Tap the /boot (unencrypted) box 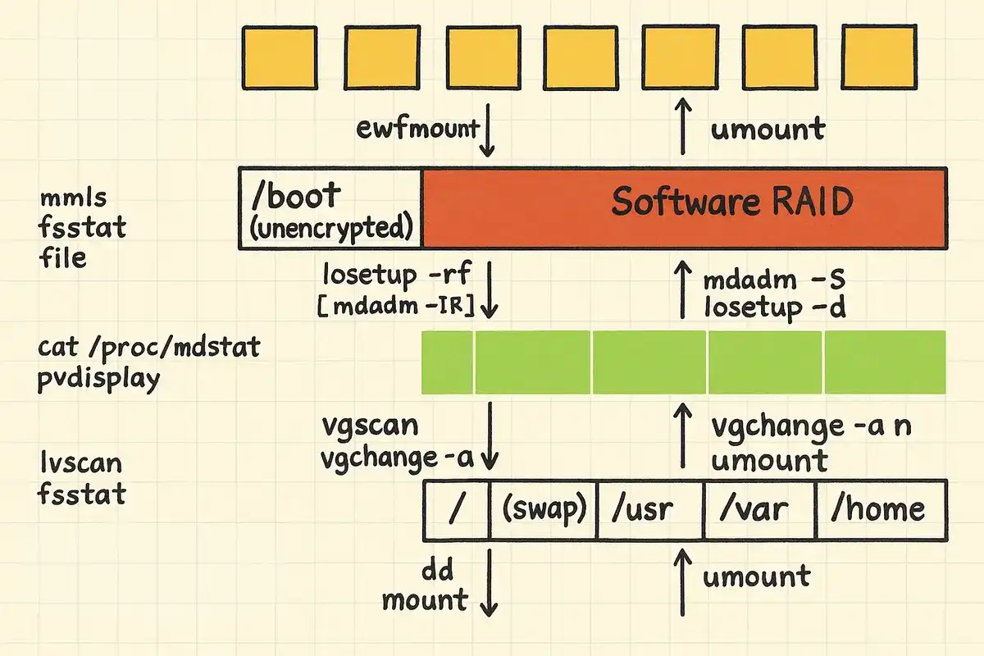[330, 207]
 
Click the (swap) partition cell [544, 508]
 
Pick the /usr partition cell [651, 508]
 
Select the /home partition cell [879, 508]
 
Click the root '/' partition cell [457, 508]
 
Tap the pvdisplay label [99, 379]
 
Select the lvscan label [80, 464]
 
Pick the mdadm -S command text [774, 280]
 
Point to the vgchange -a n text [811, 427]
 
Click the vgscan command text [371, 426]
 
